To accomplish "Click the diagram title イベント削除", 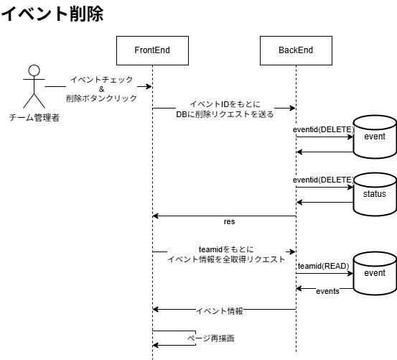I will click(x=52, y=13).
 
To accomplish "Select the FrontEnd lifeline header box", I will click(x=151, y=50).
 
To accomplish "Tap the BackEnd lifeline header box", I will click(x=295, y=50).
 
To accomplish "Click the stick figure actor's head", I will click(x=32, y=71).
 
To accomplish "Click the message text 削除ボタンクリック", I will click(x=101, y=98).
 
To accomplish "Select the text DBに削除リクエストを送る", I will click(x=225, y=114).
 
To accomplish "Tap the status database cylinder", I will click(x=375, y=194).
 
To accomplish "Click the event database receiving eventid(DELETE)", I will click(x=375, y=137).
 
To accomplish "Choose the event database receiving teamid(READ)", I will click(x=375, y=274).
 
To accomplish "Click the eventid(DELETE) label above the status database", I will click(x=323, y=180).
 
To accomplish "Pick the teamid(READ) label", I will click(x=323, y=266).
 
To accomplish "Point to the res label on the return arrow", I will click(x=230, y=221).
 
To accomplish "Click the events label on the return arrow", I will click(x=327, y=290).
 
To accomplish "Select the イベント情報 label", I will click(x=220, y=311).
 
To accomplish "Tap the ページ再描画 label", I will click(x=210, y=338).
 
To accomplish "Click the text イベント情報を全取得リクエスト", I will click(x=226, y=259).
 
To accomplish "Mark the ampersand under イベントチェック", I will click(x=101, y=88).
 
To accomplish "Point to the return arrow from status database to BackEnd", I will click(x=324, y=202).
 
